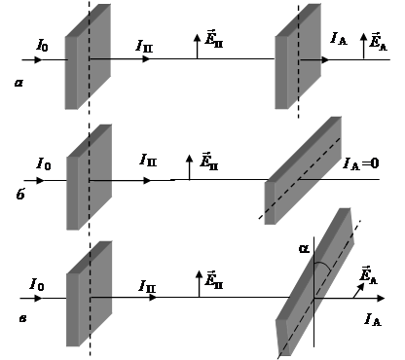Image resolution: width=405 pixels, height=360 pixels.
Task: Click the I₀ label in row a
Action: point(42,45)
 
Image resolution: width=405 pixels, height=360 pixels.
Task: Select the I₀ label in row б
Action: point(44,163)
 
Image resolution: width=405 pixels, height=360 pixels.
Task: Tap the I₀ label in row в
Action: point(37,284)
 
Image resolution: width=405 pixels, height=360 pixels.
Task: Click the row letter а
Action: point(18,83)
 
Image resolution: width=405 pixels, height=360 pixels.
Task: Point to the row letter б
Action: point(20,194)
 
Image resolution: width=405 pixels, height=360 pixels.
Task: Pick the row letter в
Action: point(22,319)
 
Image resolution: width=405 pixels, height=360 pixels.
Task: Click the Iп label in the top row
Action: point(144,46)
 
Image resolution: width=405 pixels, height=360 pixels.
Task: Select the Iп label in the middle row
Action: point(148,160)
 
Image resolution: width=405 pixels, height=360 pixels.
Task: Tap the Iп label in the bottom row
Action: point(147,286)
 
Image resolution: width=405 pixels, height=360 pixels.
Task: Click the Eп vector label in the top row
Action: point(214,39)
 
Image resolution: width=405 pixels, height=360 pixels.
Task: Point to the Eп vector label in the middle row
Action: point(209,161)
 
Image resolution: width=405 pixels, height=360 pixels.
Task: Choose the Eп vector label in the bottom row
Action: point(214,279)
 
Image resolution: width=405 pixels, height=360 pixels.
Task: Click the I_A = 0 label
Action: point(361,163)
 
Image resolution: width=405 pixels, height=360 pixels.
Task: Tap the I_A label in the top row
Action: point(339,39)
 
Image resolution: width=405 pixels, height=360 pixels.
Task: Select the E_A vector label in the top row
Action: point(379,41)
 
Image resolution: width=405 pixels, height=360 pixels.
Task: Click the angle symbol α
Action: point(304,249)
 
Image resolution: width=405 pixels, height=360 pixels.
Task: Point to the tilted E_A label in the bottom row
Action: point(369,275)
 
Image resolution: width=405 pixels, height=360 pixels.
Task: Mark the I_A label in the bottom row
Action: point(373,319)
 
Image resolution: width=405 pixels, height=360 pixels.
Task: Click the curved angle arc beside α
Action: point(324,265)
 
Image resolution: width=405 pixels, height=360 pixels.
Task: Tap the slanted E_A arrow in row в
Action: point(358,291)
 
